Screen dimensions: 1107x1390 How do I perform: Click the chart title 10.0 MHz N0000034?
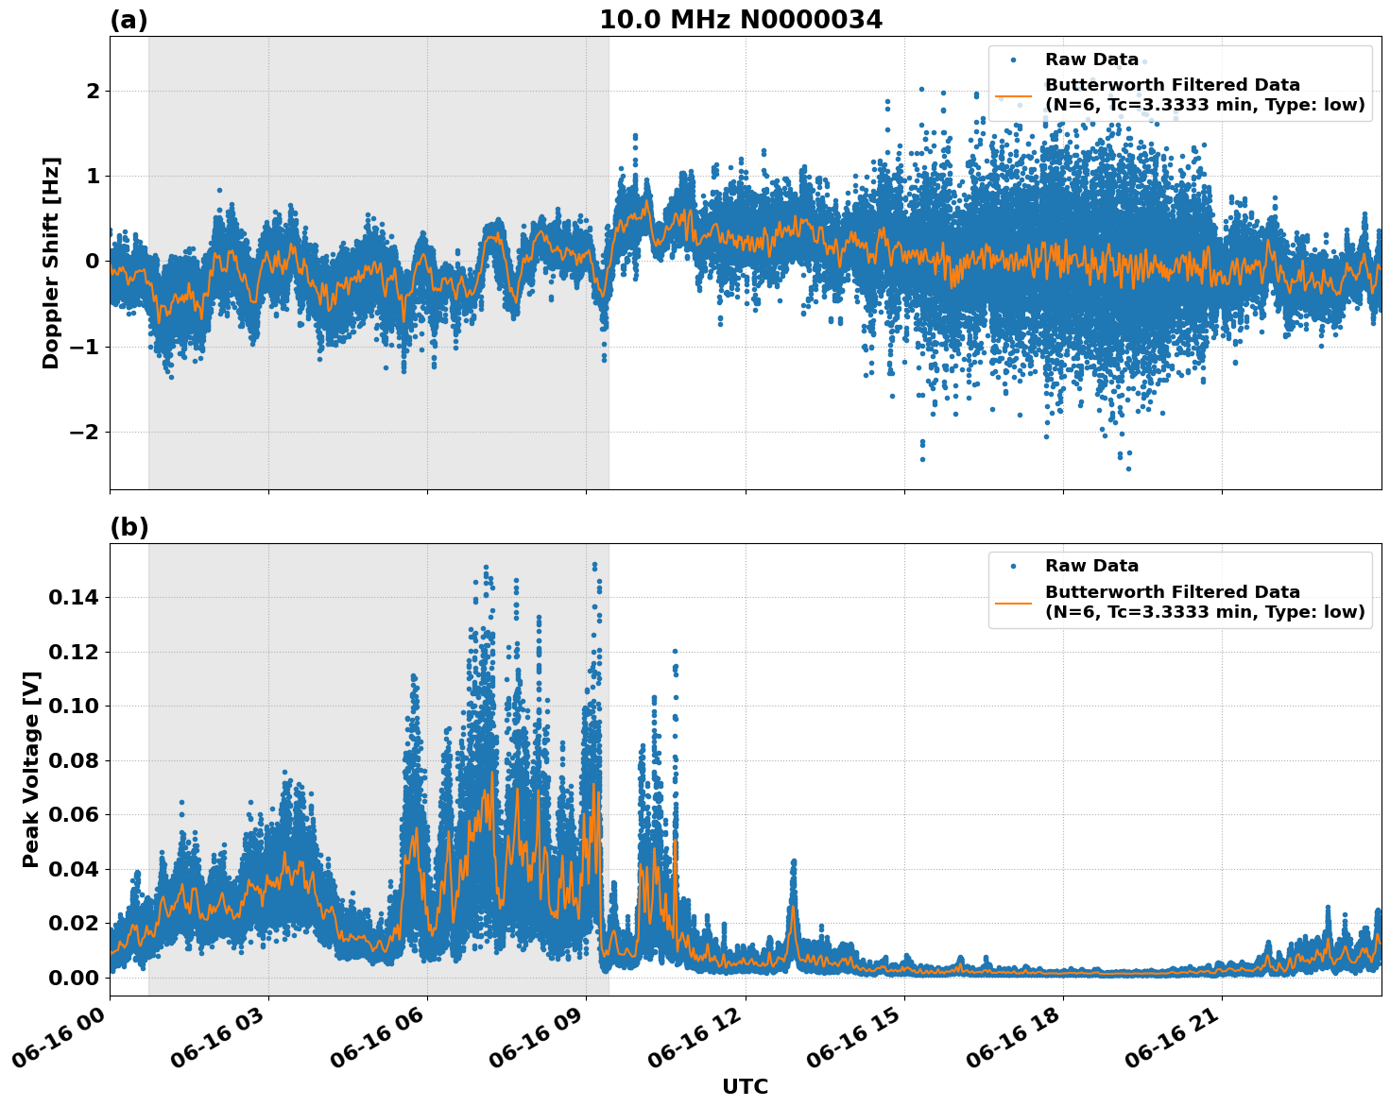[x=740, y=20]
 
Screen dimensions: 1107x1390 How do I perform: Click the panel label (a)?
[x=129, y=20]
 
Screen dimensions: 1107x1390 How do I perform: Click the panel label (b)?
[x=129, y=527]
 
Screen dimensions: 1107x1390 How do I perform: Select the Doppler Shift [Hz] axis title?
[x=51, y=263]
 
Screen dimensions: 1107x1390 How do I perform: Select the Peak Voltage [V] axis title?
[x=31, y=769]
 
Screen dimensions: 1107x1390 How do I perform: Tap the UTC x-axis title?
[x=745, y=1086]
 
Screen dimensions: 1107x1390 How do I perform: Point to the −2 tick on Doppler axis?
[x=87, y=432]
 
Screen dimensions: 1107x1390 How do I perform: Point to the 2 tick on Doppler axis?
[x=93, y=91]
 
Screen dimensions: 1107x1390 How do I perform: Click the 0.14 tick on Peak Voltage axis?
[x=74, y=597]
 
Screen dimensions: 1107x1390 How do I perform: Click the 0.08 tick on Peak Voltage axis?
[x=74, y=760]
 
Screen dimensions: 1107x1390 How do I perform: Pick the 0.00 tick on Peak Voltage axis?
[x=74, y=978]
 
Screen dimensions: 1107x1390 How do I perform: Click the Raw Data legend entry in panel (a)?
[x=1091, y=60]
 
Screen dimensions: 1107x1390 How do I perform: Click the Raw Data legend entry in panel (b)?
[x=1091, y=566]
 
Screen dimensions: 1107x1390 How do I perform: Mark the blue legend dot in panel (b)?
[x=1013, y=567]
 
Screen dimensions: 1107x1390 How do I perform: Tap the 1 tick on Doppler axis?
[x=93, y=176]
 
